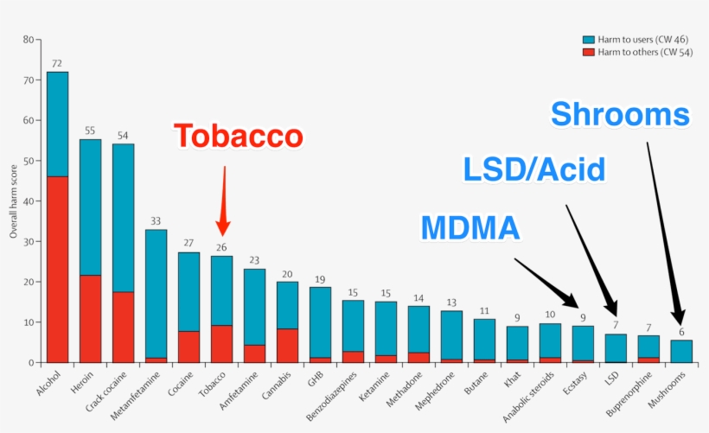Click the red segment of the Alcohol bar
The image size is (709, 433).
[57, 269]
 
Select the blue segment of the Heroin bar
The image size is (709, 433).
[90, 207]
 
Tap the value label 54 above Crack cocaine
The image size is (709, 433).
[123, 136]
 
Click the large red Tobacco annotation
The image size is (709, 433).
[238, 137]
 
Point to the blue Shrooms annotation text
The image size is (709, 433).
[620, 114]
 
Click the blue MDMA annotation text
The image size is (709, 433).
[470, 227]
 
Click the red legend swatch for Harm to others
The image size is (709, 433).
[589, 52]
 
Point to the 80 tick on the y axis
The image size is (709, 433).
[29, 40]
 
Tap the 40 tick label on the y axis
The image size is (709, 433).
[29, 201]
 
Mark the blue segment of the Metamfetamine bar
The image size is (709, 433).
[156, 293]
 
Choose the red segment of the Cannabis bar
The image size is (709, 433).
[287, 345]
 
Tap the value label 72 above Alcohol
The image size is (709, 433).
[57, 63]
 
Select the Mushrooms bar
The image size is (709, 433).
[681, 351]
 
